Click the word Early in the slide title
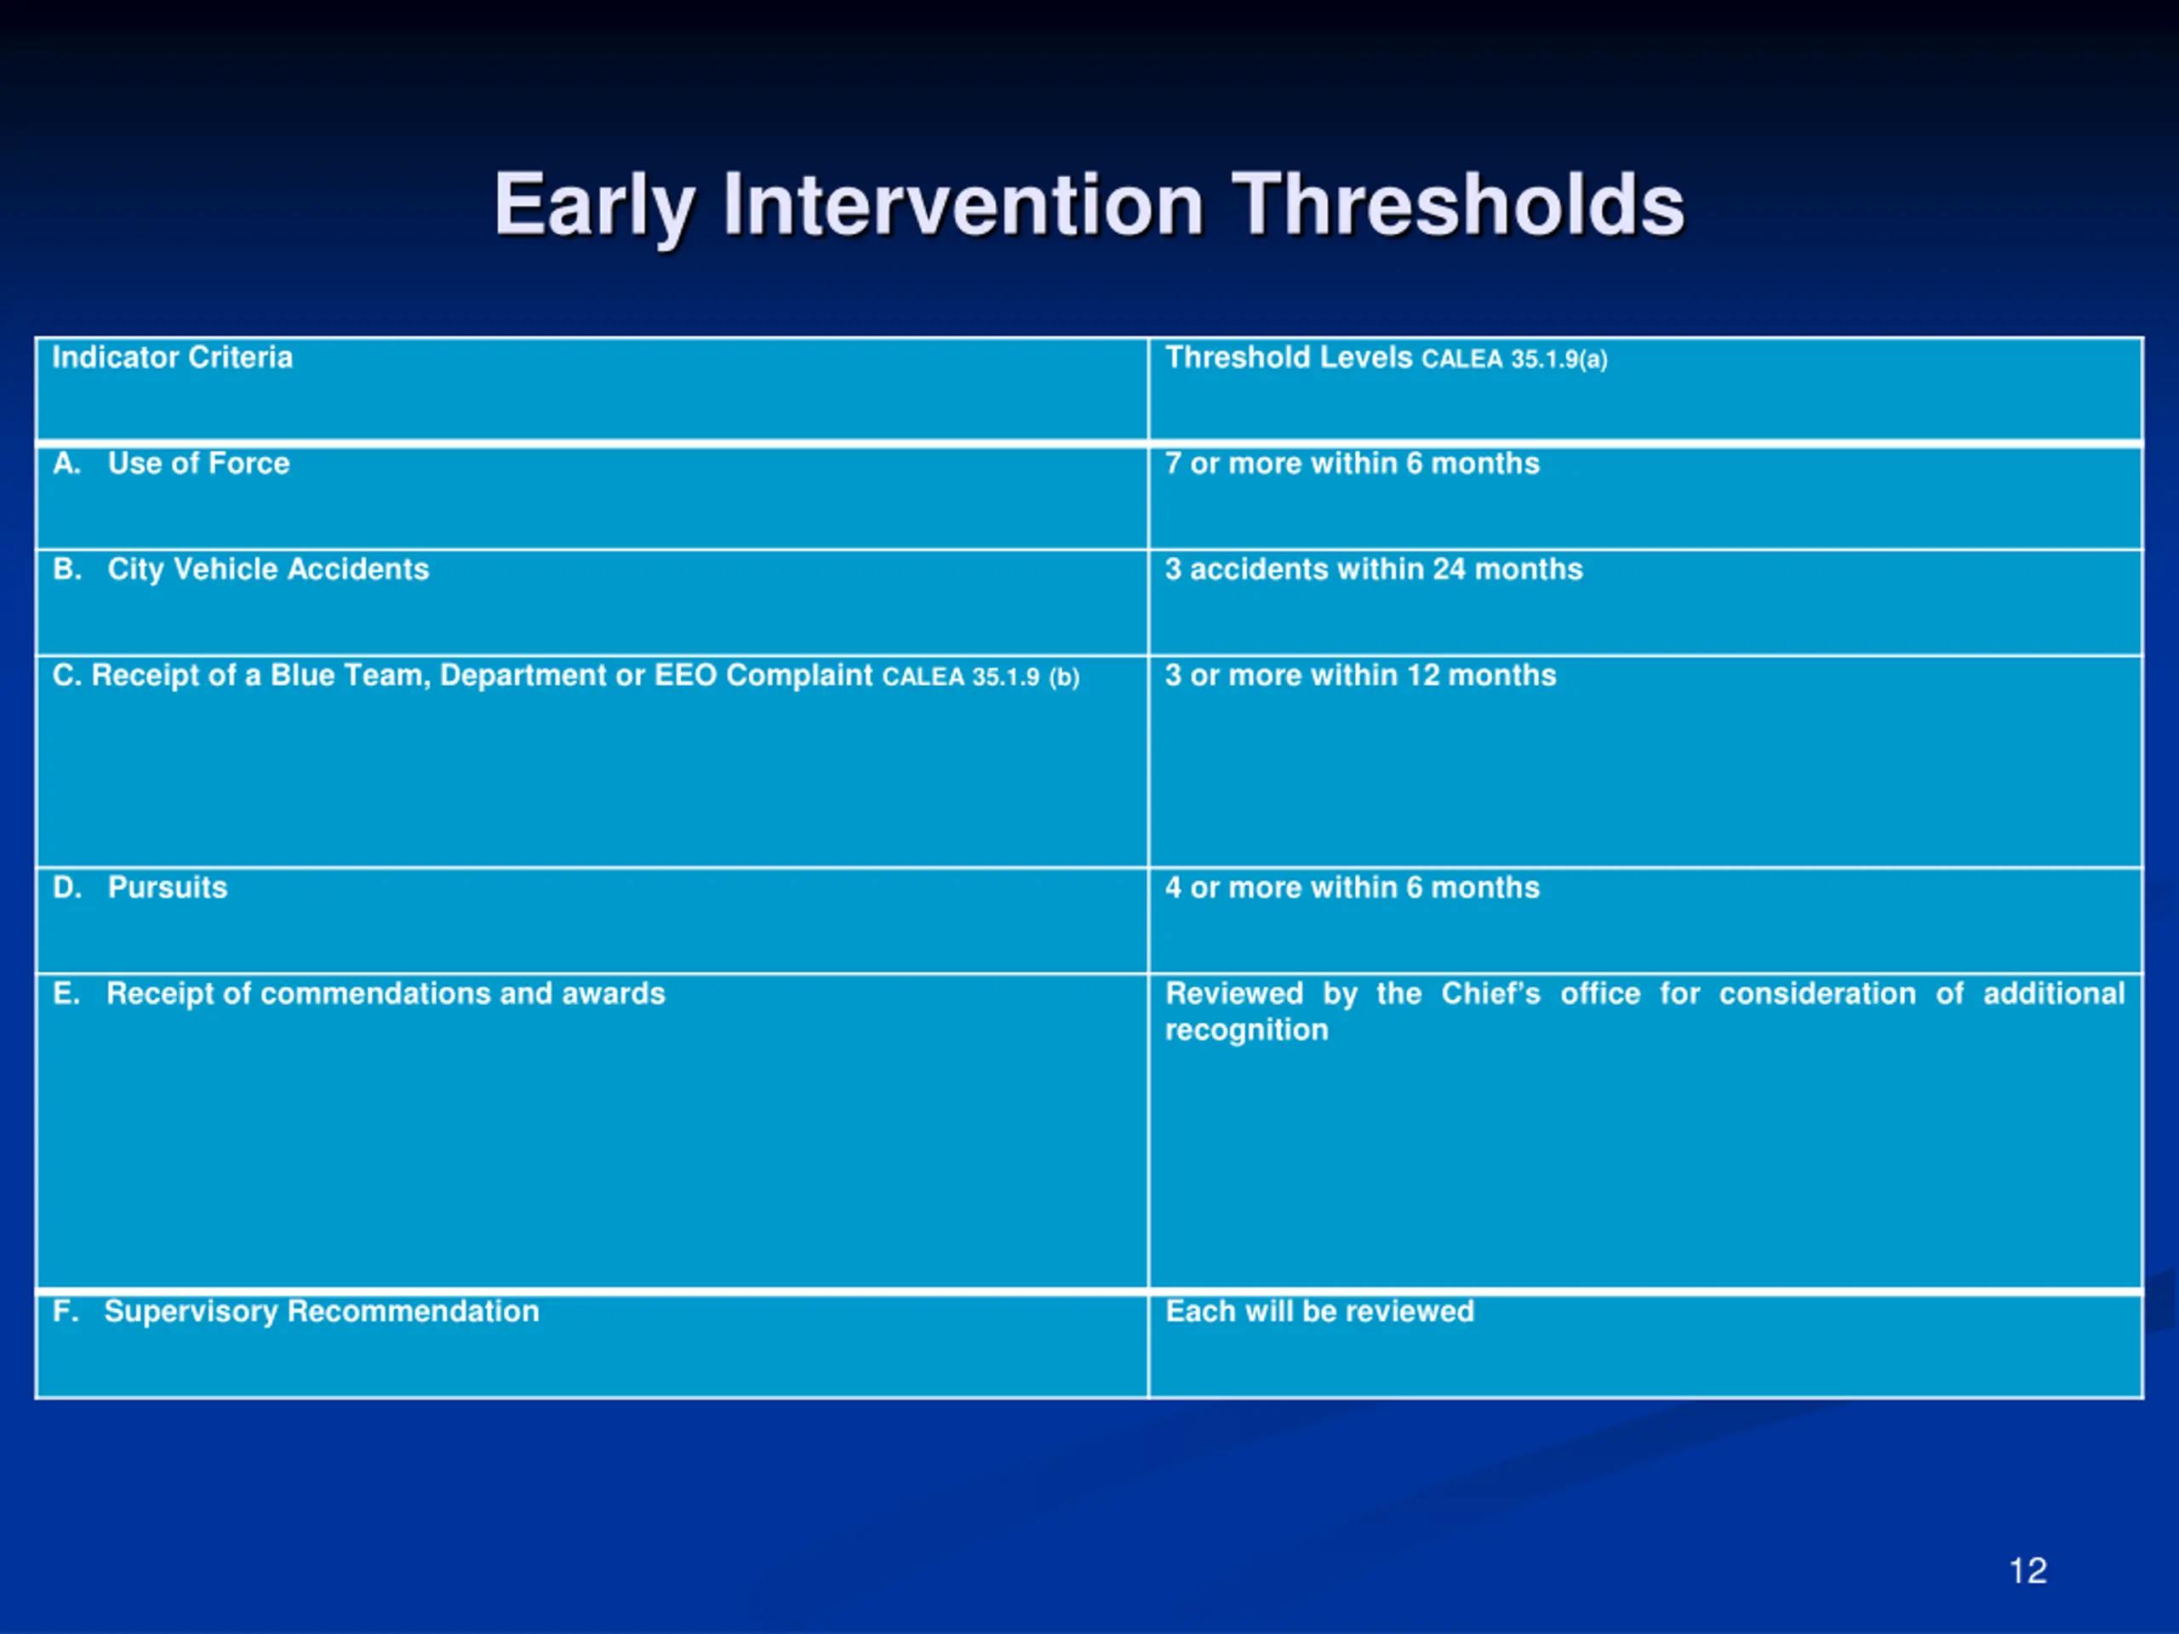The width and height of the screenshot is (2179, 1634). [x=595, y=207]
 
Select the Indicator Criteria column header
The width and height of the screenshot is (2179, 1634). [x=173, y=357]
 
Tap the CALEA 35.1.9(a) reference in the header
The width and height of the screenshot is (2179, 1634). [x=1514, y=359]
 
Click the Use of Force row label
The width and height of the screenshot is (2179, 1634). [x=199, y=463]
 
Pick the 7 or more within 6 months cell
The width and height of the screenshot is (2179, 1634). [x=1352, y=463]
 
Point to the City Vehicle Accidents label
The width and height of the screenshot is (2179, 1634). [x=268, y=569]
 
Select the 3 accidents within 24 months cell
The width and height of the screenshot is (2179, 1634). [x=1373, y=569]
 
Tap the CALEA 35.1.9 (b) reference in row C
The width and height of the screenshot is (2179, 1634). [x=981, y=677]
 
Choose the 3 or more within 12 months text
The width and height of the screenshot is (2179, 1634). [x=1360, y=675]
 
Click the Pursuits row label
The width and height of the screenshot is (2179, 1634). [x=168, y=888]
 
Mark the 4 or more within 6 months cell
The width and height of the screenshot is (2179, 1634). [x=1352, y=888]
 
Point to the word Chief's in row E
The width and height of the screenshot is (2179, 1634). [x=1490, y=993]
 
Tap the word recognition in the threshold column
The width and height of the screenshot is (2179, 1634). [x=1247, y=1031]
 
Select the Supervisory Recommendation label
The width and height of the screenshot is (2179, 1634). [x=322, y=1312]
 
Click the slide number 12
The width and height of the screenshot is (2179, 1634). [x=2027, y=1570]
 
